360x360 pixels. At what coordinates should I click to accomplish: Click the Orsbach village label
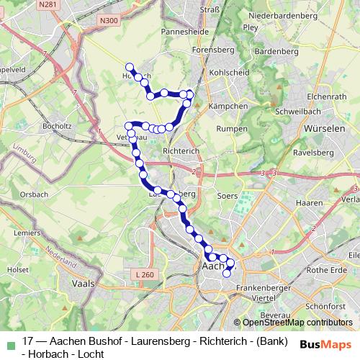(x=34, y=194)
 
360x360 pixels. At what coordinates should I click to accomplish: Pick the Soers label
(x=226, y=195)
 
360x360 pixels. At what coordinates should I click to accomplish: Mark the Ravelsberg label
(x=312, y=153)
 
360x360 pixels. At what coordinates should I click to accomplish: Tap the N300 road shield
(x=110, y=22)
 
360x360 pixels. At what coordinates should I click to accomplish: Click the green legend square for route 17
(x=9, y=343)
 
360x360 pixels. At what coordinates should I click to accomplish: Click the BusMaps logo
(x=327, y=343)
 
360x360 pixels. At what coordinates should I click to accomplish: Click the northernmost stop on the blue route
(x=129, y=67)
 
